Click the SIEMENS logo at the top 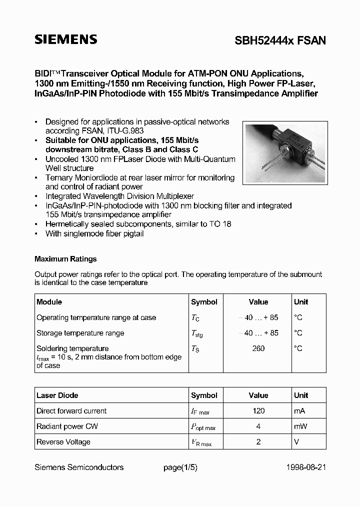(x=65, y=40)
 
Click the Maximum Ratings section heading (x=65, y=259)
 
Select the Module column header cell (x=49, y=302)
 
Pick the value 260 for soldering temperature (x=258, y=348)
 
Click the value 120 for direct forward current (x=258, y=411)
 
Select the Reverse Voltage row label (x=63, y=442)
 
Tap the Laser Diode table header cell (x=57, y=395)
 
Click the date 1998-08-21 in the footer (x=306, y=467)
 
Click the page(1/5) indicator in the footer (x=180, y=467)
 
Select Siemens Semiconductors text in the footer (x=79, y=467)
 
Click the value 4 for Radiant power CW (x=258, y=426)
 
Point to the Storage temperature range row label (x=80, y=333)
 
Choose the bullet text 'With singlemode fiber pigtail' (x=94, y=234)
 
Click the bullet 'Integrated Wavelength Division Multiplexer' (x=119, y=196)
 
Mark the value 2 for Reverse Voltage (x=258, y=442)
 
